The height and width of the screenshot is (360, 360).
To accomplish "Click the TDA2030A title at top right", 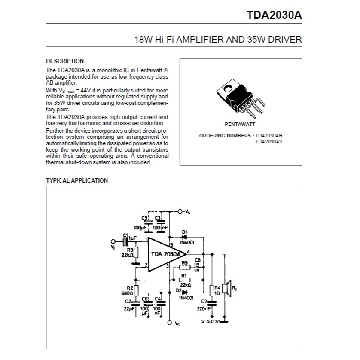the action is (x=274, y=15).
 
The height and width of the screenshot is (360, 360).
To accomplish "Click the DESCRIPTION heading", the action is (x=65, y=61).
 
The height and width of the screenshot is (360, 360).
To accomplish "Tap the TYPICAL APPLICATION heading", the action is (x=77, y=180).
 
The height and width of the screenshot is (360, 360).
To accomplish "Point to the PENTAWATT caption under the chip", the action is (x=240, y=124).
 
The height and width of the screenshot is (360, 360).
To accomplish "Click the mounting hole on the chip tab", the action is (x=228, y=88).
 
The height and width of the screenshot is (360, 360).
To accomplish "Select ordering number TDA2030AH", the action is (x=269, y=136).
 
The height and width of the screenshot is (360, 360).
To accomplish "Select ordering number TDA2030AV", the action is (x=269, y=142).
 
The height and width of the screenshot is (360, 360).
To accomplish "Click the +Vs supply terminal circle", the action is (x=180, y=211).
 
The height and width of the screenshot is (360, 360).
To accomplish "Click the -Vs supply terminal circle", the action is (x=170, y=323).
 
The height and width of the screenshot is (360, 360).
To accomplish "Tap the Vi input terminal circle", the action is (x=113, y=241).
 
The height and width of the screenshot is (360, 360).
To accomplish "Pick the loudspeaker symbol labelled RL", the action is (x=228, y=288).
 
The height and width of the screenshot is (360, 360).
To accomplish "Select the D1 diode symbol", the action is (x=184, y=237).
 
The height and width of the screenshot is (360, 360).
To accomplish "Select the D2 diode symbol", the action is (x=184, y=293).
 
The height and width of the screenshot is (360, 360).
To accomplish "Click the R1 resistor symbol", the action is (x=184, y=280).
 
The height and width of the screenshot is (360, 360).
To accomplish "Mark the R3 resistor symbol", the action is (x=136, y=253).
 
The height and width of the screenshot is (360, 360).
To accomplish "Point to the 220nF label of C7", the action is (x=204, y=309).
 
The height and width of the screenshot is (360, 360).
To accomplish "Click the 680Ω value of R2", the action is (x=127, y=293).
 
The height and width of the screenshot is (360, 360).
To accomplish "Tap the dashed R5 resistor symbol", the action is (x=185, y=267).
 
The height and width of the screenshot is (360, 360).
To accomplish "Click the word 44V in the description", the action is (x=85, y=90).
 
